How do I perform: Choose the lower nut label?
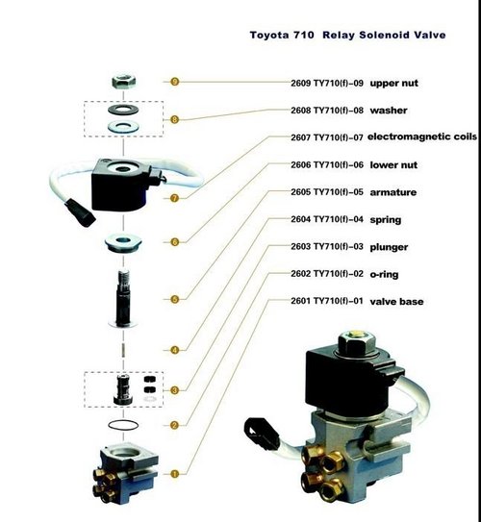click(351, 165)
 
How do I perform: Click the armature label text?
click(350, 192)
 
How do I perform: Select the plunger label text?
click(348, 247)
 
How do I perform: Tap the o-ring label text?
click(346, 274)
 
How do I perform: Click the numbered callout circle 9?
click(174, 83)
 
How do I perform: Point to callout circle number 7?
click(174, 198)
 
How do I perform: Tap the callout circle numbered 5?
click(174, 300)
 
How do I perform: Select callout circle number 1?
click(174, 472)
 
